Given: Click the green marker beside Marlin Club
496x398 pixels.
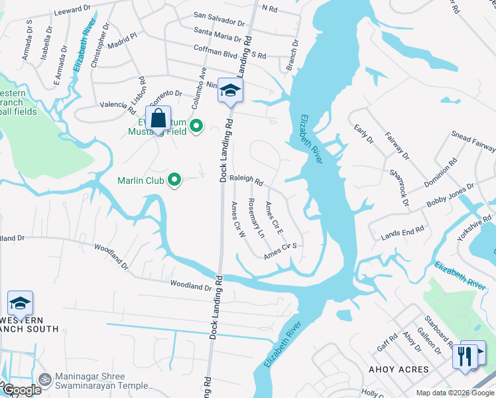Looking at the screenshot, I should pyautogui.click(x=174, y=180).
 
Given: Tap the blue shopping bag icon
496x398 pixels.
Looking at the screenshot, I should pyautogui.click(x=158, y=121).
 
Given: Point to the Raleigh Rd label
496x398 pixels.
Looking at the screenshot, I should pyautogui.click(x=247, y=180).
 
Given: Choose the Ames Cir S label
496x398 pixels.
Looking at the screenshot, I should pyautogui.click(x=279, y=251).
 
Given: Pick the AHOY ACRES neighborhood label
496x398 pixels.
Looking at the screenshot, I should pyautogui.click(x=400, y=369).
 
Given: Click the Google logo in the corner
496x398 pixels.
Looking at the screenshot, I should pyautogui.click(x=21, y=390).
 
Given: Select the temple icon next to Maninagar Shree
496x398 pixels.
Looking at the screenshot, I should pyautogui.click(x=45, y=379).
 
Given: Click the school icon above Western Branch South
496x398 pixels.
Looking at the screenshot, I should pyautogui.click(x=21, y=304).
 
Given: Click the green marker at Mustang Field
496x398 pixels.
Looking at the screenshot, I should pyautogui.click(x=196, y=125).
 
